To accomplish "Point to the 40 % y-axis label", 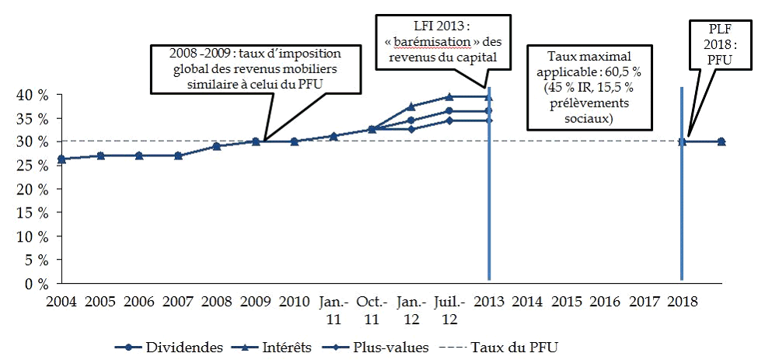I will pyautogui.click(x=32, y=95).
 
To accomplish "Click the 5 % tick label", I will pyautogui.click(x=36, y=260).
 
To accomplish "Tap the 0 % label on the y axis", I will pyautogui.click(x=36, y=284).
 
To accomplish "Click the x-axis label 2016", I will pyautogui.click(x=605, y=301).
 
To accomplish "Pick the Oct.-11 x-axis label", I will pyautogui.click(x=372, y=309).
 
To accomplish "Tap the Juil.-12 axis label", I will pyautogui.click(x=449, y=309).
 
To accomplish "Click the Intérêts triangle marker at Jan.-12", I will pyautogui.click(x=410, y=106).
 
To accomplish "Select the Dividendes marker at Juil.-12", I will pyautogui.click(x=449, y=111).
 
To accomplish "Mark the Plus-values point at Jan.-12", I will pyautogui.click(x=410, y=128).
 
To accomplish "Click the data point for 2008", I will pyautogui.click(x=216, y=146).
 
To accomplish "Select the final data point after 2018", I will pyautogui.click(x=721, y=142).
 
